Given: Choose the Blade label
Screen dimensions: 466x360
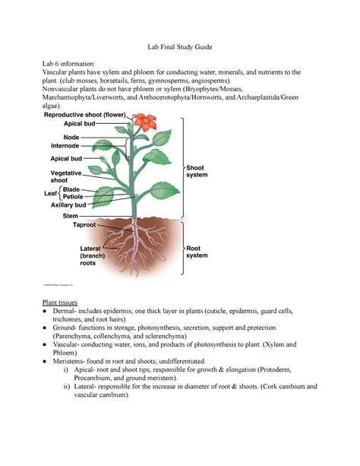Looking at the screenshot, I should tap(73, 189).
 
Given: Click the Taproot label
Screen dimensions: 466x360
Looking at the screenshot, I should tap(84, 224).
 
